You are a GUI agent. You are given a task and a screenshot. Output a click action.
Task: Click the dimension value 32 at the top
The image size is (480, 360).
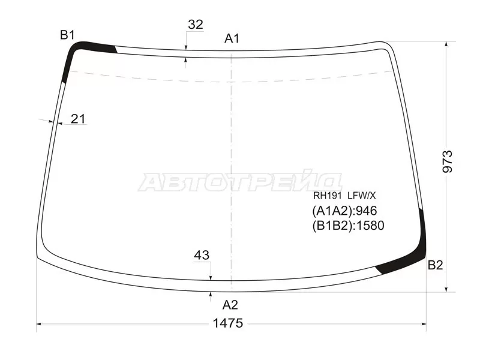(x=196, y=25)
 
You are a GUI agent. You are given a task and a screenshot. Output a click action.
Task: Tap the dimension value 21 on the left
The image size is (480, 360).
(x=78, y=119)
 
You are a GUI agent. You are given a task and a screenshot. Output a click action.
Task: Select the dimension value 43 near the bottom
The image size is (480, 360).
(x=202, y=255)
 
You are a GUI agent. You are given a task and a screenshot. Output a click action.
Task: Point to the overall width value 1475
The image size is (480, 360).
(x=228, y=323)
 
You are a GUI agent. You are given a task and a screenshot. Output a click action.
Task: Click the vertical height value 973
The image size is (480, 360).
(x=447, y=161)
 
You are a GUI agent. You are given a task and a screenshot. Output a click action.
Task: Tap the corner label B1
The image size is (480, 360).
(x=67, y=35)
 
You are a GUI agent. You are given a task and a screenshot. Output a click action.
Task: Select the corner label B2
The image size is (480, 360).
(x=436, y=265)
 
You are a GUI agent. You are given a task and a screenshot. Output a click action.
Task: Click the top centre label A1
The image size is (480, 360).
(x=232, y=38)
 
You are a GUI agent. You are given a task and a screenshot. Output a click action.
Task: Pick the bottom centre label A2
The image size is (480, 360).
(x=230, y=305)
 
